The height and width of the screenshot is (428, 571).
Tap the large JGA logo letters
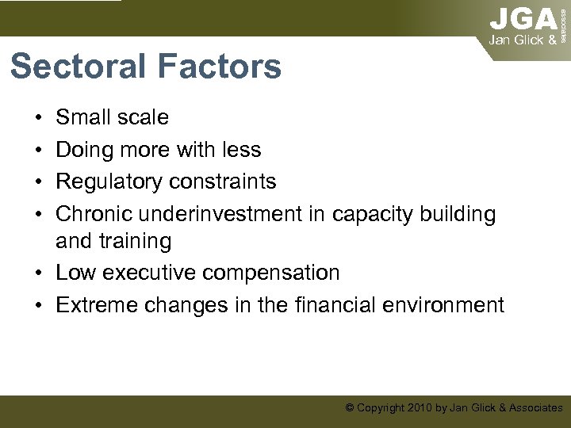[523, 18]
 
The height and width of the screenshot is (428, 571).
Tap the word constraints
[227, 182]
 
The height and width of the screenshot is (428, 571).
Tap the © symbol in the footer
[349, 407]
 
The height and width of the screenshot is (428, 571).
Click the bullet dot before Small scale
[39, 118]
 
